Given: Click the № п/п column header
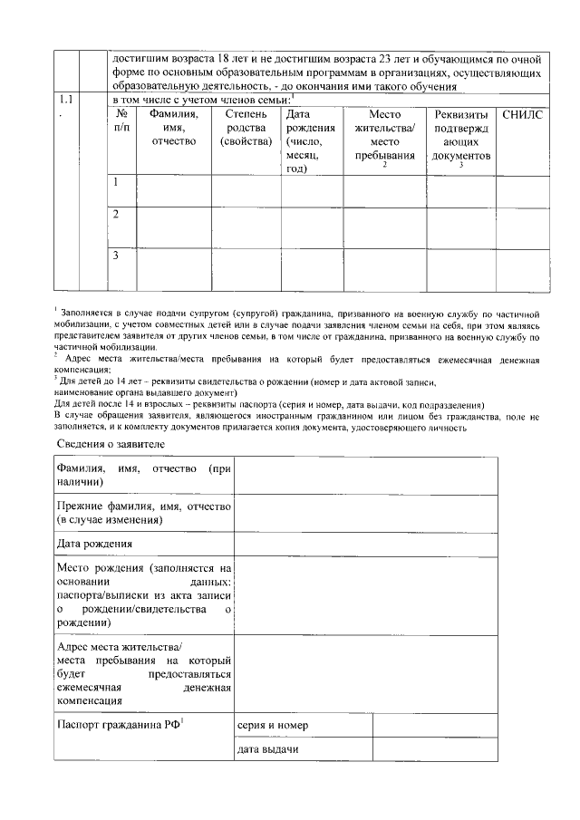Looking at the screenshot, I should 121,121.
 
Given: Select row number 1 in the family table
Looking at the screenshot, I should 116,182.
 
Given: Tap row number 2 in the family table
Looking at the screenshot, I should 116,215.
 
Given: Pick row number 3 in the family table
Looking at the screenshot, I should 116,256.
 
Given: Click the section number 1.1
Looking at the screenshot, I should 66,98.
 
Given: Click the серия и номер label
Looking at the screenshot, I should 273,726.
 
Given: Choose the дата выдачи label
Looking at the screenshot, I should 268,750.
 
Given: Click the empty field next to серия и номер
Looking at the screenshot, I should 435,726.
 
